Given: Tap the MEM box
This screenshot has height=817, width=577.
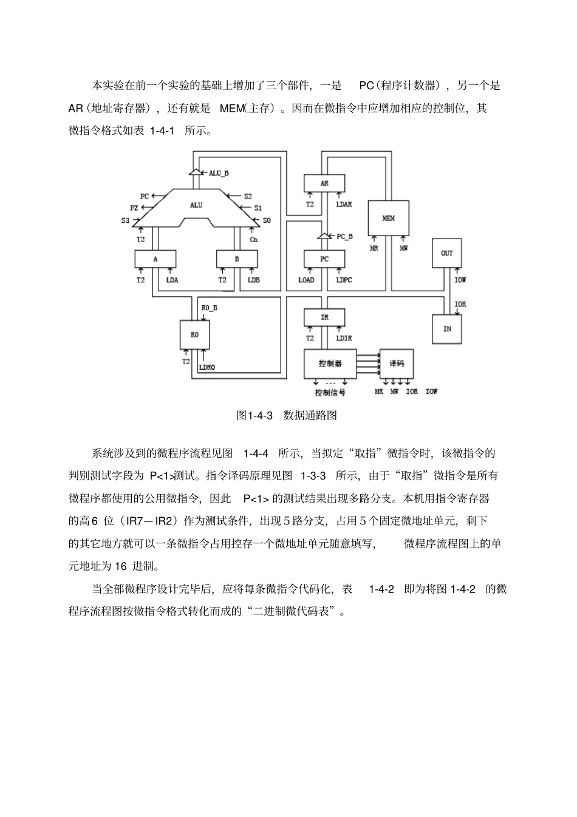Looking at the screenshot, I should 389,219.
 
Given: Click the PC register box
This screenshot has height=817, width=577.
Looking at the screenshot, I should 324,259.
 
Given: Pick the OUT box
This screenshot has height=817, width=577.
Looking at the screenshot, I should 446,253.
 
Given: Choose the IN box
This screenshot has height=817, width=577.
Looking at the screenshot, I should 447,328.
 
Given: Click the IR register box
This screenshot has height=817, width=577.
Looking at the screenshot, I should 324,317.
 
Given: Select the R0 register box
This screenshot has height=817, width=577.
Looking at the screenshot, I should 195,334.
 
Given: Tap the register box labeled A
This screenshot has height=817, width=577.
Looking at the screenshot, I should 155,259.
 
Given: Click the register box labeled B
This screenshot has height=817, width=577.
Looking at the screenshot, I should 237,259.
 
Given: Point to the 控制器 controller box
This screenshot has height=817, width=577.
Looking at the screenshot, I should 330,364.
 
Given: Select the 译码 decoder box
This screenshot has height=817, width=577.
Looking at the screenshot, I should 396,364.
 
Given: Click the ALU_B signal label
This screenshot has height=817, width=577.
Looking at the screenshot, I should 219,173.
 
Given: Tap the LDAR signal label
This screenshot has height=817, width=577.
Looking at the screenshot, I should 344,205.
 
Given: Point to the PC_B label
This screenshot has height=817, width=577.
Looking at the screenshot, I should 345,236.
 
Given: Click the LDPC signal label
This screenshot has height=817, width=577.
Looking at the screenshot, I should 344,280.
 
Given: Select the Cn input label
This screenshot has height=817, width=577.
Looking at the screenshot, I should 254,239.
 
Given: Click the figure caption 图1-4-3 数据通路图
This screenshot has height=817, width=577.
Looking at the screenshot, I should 286,416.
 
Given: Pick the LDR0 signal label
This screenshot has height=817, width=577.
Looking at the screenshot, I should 207,367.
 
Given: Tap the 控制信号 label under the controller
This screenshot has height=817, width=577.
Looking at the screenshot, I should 330,392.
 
